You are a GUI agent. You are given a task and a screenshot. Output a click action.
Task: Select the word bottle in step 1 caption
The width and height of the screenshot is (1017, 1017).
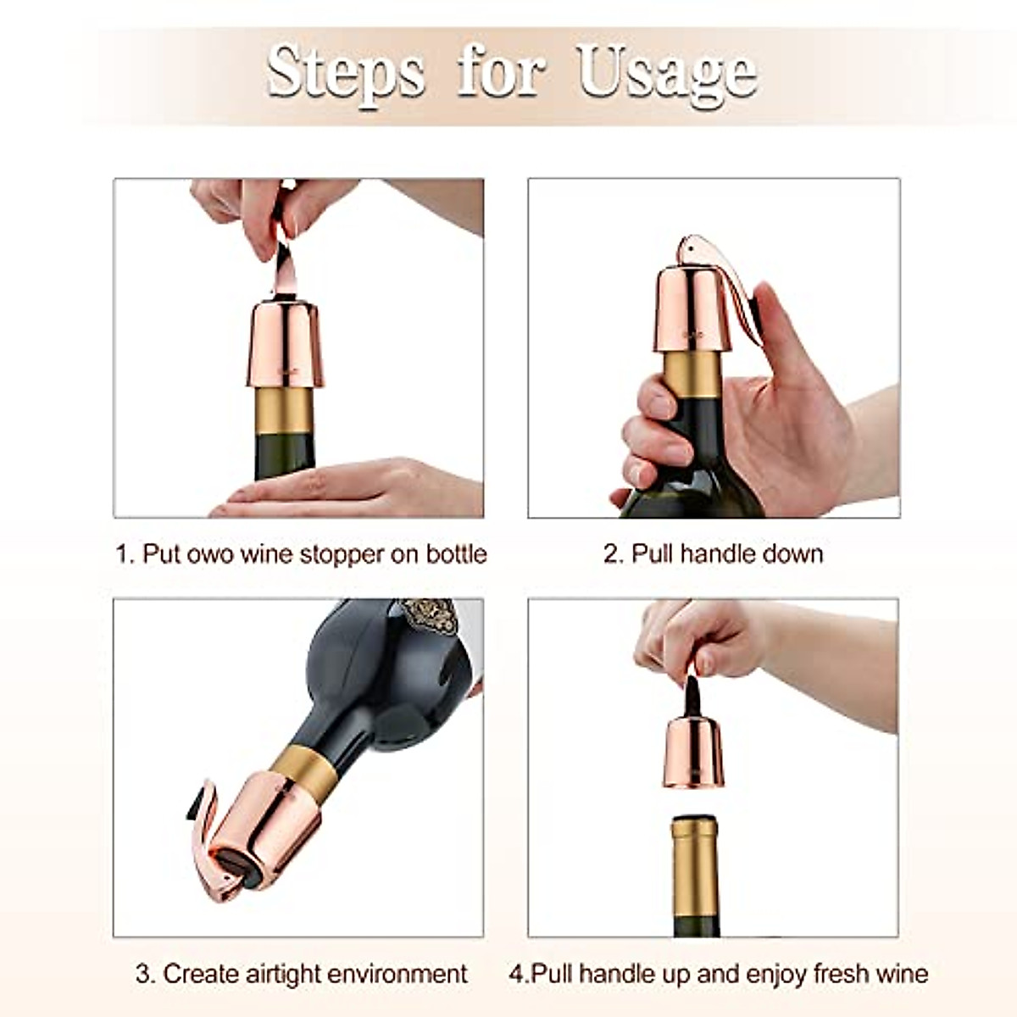(456, 554)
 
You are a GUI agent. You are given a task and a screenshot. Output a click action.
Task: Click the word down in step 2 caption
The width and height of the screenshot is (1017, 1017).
(792, 554)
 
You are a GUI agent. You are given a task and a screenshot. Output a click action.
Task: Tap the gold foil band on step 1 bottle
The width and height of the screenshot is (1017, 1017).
(285, 411)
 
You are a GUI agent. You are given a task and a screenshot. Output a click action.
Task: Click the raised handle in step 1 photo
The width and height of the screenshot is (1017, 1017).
(282, 263)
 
